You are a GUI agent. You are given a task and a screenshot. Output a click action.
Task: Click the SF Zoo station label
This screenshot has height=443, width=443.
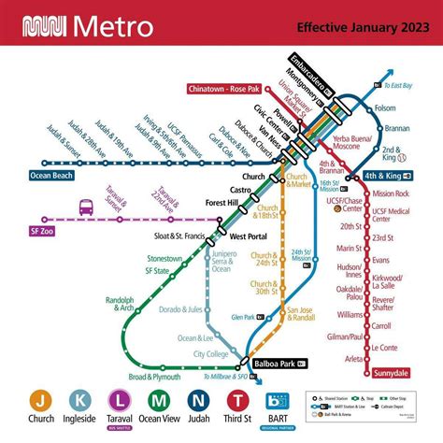coord(41,230)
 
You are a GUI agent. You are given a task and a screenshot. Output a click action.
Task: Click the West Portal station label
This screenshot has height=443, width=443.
coord(250,237)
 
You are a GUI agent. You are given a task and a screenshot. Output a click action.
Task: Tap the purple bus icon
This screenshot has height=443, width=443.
coord(87,206)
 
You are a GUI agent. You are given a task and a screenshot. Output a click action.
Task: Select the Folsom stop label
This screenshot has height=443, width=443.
coord(384,107)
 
